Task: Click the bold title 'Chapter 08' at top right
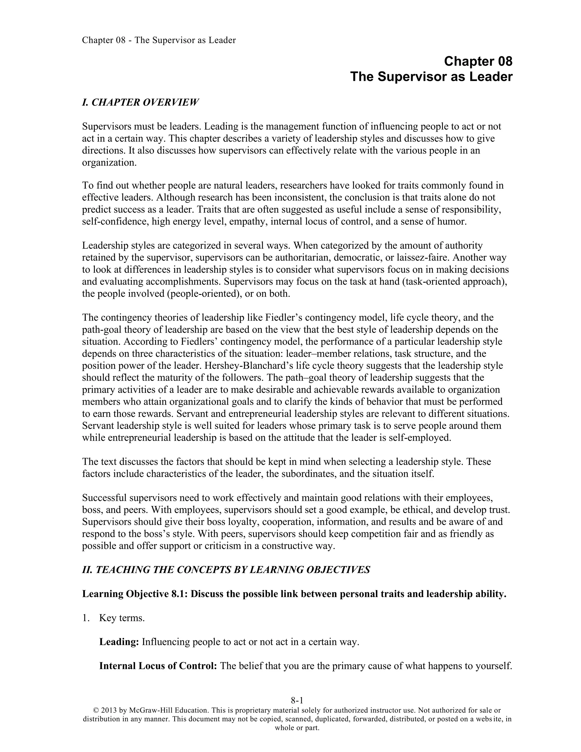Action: [478, 61]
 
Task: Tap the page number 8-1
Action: [297, 700]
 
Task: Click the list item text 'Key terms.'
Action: [122, 618]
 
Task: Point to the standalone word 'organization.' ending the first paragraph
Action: [110, 163]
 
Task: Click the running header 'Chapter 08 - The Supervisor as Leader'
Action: [159, 40]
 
